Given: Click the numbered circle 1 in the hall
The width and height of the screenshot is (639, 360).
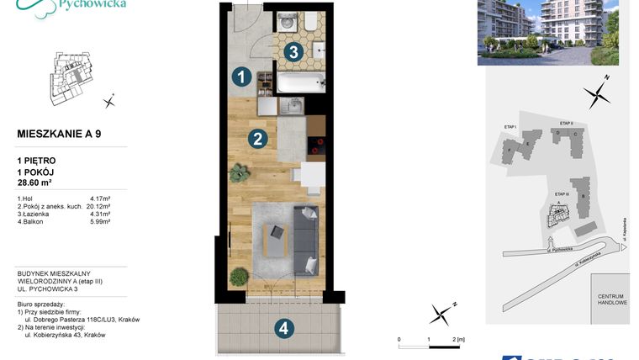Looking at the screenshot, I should pos(241,77).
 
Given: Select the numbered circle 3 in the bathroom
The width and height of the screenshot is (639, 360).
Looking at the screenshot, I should pos(292,52).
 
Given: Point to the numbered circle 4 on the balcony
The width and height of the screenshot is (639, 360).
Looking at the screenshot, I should pos(284,329).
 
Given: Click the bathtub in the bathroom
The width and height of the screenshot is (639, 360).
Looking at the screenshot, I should pos(300,82).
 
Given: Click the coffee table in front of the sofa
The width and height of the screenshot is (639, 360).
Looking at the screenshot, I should pos(275,241).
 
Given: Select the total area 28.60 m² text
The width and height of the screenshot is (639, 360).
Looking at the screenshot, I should pos(41,182).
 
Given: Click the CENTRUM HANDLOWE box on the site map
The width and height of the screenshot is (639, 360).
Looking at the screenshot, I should pos(609,300).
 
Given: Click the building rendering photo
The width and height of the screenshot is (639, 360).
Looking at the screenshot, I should pos(547,32).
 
